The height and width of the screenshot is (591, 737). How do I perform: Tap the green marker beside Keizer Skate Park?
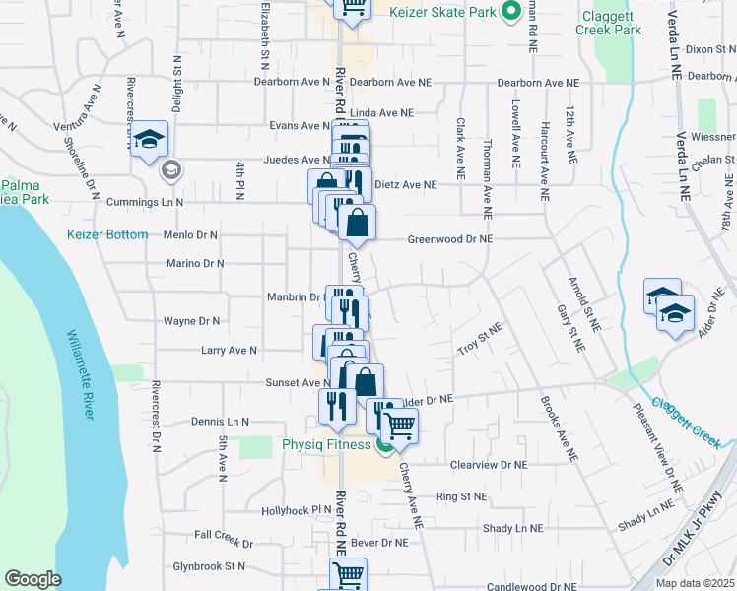point(510,12)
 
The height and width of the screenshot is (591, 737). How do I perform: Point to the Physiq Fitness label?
point(325,443)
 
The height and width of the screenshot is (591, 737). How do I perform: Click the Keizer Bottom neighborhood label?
point(107,234)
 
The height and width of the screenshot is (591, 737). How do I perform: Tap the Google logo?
point(33,579)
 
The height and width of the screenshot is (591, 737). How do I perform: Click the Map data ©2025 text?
point(695,583)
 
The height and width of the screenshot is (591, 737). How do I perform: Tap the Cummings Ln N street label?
point(146,201)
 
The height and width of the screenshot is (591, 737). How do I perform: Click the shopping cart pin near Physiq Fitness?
point(399,426)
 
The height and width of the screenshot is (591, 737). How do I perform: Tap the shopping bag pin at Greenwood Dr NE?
point(357,222)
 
